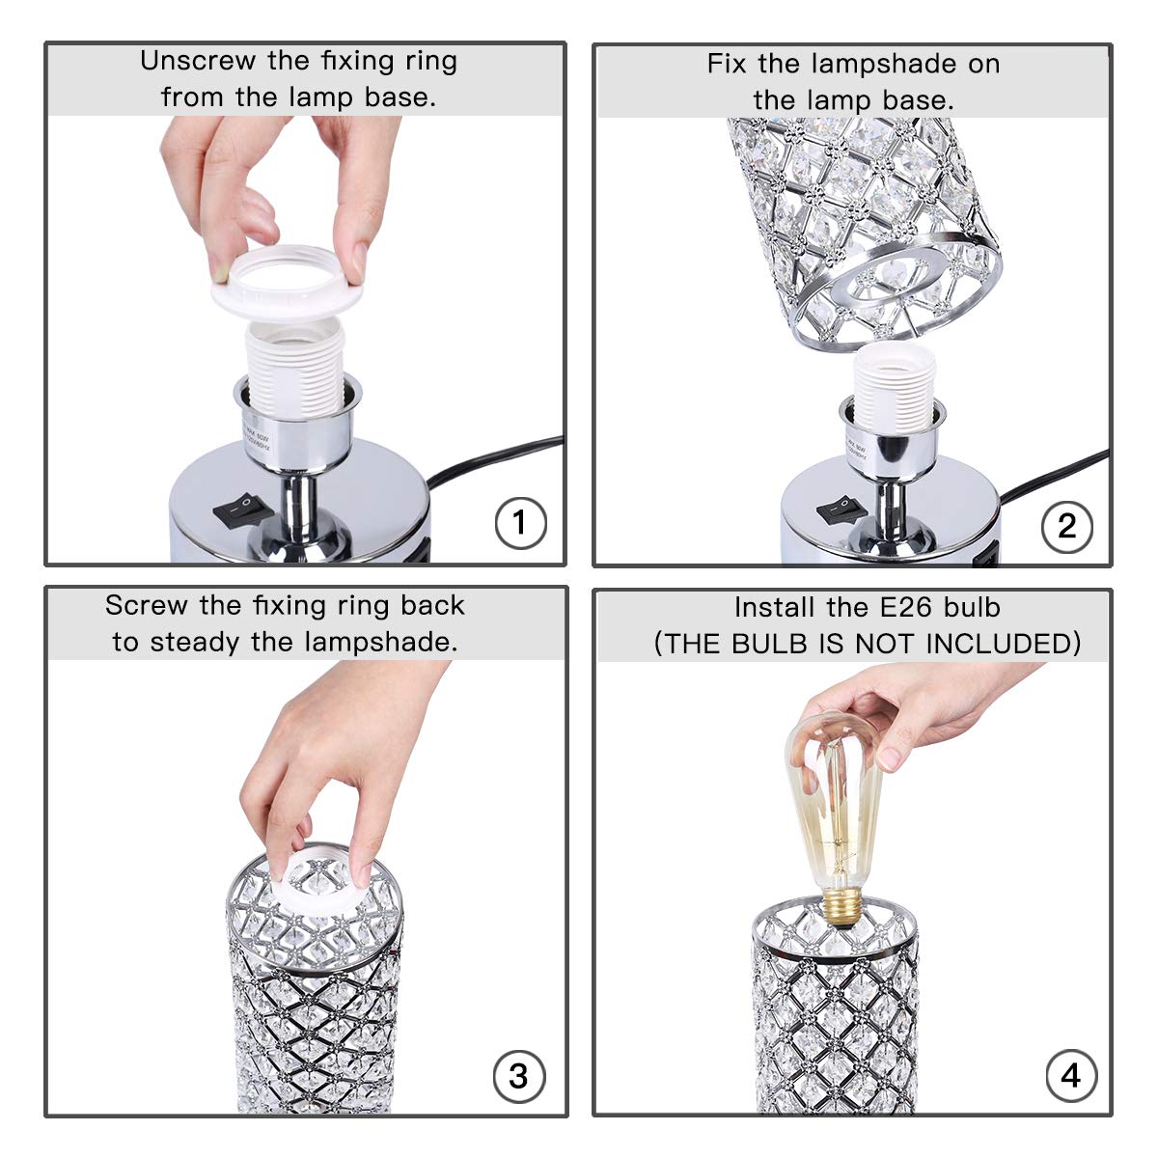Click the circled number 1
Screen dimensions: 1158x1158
520,524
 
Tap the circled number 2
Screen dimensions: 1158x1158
1066,527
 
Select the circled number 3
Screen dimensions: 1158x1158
519,1075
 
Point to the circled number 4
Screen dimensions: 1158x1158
1070,1075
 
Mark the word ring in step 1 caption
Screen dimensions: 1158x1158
430,62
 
